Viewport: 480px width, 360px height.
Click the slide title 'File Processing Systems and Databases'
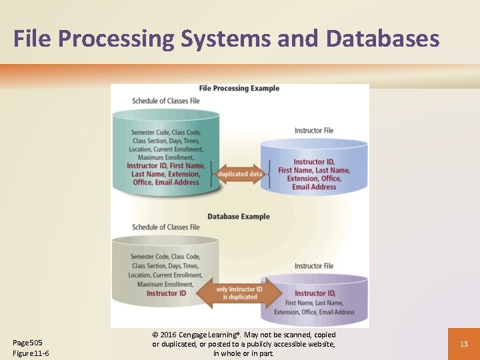[x=226, y=38]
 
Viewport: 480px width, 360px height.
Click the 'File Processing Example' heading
[x=239, y=89]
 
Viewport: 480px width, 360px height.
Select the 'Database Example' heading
[x=239, y=217]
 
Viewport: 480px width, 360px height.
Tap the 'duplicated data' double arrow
[x=240, y=174]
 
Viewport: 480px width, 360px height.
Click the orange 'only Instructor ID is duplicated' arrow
[x=239, y=293]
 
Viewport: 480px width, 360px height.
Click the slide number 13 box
[x=463, y=344]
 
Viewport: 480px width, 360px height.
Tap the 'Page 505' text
[x=27, y=343]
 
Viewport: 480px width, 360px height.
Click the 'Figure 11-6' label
[x=31, y=353]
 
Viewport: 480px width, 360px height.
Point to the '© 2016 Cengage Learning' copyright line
[x=243, y=335]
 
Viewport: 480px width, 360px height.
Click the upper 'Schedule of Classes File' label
[x=165, y=101]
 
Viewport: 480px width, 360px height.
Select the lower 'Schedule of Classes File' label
[x=165, y=227]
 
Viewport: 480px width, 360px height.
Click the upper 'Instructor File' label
[x=314, y=131]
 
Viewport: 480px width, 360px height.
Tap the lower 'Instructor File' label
[x=314, y=266]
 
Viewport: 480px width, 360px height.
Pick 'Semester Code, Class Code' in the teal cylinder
[x=165, y=132]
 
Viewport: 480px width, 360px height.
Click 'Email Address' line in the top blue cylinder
[x=314, y=187]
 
